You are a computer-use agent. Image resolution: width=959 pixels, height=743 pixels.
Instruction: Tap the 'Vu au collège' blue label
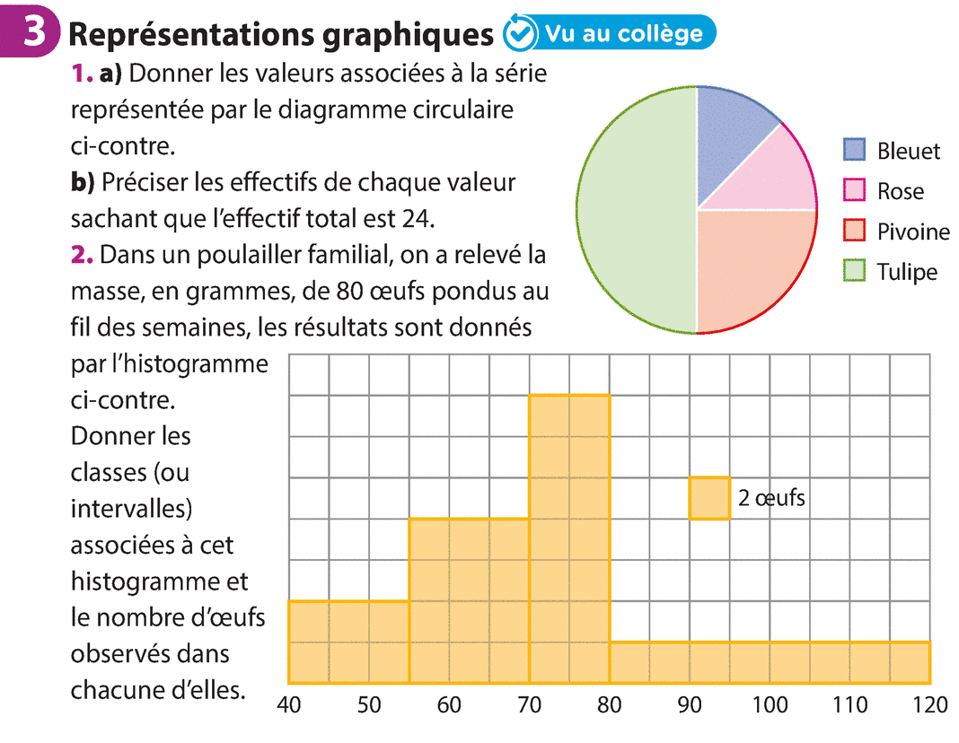(x=620, y=33)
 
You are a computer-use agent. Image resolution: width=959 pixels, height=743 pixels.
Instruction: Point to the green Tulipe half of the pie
(x=633, y=211)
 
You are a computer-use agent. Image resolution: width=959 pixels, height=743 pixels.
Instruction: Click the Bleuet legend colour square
(x=854, y=151)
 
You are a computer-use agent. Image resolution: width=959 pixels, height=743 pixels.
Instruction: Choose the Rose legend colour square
(x=854, y=191)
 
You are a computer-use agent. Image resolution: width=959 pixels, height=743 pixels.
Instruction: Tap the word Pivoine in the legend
(x=913, y=232)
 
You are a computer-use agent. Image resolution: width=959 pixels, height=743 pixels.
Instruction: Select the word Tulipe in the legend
(x=907, y=273)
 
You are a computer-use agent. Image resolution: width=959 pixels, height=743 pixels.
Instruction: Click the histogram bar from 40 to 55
(x=348, y=642)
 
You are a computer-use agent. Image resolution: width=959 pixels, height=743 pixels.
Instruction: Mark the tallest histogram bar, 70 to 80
(x=569, y=538)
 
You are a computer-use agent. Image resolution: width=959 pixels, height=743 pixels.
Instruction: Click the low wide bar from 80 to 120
(x=770, y=662)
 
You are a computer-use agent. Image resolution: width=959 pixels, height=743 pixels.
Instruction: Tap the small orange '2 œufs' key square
(x=709, y=498)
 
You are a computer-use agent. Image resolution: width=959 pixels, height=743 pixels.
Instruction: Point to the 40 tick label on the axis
(x=288, y=705)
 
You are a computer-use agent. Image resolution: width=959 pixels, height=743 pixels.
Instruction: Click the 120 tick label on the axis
(x=929, y=705)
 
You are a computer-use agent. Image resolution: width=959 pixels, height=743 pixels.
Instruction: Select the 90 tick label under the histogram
(x=690, y=705)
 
